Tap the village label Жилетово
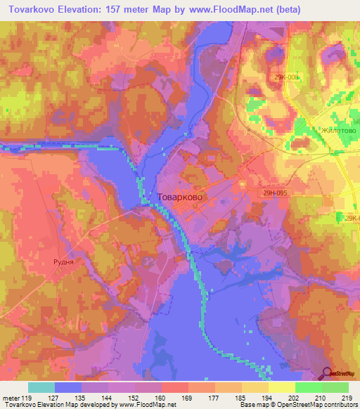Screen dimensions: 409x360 339,131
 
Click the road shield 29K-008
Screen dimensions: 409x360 288,78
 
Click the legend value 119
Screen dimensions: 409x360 27,397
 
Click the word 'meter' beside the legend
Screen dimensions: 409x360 11,397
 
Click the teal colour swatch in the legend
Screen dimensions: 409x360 41,387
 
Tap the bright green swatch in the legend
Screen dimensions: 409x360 308,387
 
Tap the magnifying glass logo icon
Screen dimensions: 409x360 328,373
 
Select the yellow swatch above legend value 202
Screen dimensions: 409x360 281,387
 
